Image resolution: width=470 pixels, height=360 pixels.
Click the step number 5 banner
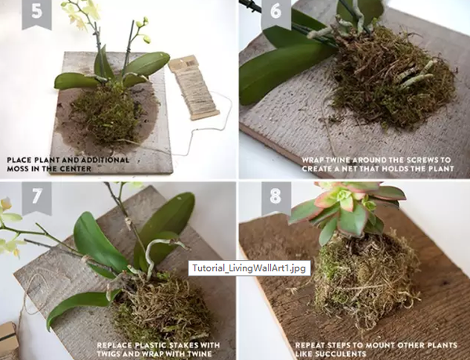pyautogui.click(x=37, y=13)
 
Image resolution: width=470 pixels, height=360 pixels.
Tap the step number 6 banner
pyautogui.click(x=276, y=13)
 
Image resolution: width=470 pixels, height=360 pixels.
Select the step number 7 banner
pyautogui.click(x=37, y=198)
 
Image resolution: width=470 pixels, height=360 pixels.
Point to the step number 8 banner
pyautogui.click(x=276, y=198)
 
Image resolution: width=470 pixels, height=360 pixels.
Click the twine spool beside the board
pyautogui.click(x=194, y=88)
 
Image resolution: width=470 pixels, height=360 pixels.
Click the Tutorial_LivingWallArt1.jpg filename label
pyautogui.click(x=249, y=268)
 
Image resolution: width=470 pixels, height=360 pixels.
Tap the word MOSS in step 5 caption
pyautogui.click(x=17, y=168)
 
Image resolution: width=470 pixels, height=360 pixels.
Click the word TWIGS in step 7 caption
pyautogui.click(x=108, y=354)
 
